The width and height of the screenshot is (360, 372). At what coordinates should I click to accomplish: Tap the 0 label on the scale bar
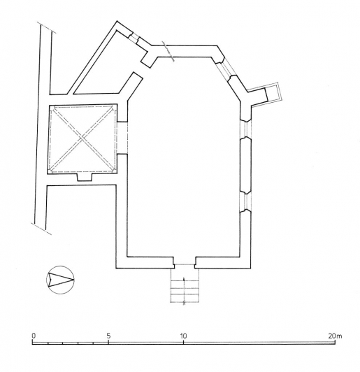[x=33, y=336]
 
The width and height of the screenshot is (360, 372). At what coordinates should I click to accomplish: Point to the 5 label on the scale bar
[x=108, y=336]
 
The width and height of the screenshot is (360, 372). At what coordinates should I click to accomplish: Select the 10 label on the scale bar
[x=183, y=336]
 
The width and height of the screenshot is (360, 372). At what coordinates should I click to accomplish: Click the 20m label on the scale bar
[x=336, y=336]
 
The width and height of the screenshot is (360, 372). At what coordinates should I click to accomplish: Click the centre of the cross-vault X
[x=82, y=140]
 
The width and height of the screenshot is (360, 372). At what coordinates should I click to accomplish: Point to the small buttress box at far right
[x=269, y=95]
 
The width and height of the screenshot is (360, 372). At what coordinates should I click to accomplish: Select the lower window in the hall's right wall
[x=245, y=201]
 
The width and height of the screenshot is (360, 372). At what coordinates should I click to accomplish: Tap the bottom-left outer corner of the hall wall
[x=117, y=269]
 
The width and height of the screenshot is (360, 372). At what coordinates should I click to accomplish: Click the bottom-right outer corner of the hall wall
[x=250, y=269]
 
